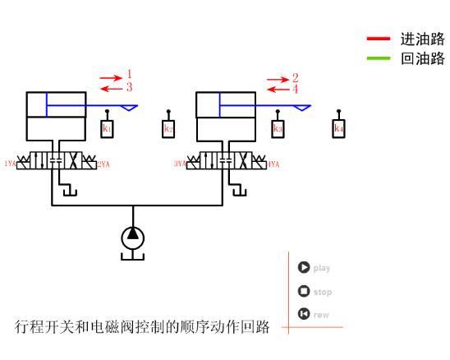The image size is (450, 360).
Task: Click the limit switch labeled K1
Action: coord(107,128)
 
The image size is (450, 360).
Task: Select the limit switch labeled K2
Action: coord(168,128)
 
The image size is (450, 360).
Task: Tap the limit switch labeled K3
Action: coord(278,128)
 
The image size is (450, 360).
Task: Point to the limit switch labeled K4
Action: coord(338,128)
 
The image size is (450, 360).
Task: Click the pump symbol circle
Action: coord(132,238)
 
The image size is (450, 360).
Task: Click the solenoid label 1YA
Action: coord(10,164)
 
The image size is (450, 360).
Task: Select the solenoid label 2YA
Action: coord(103,164)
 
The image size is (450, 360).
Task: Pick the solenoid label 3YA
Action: coord(179,164)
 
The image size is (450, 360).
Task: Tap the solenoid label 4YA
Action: coord(273,164)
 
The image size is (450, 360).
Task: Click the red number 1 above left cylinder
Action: coord(129,75)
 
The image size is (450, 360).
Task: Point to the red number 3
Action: coord(129,87)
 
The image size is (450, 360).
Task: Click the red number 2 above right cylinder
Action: coord(295,77)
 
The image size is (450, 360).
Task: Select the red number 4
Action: coord(295,89)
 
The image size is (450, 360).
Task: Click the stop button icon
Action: coord(304,291)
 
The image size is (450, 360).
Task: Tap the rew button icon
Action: coord(304,313)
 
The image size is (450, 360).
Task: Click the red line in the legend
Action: coord(379,39)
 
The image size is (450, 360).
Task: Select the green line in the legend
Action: coord(379,58)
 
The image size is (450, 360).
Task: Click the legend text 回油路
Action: coord(422,58)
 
